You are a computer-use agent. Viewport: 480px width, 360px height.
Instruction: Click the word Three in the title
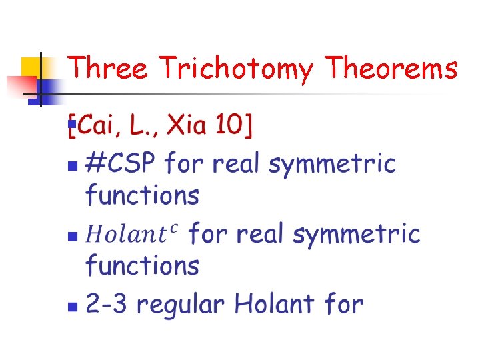point(108,68)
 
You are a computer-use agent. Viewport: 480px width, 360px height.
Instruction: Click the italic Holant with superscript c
point(133,234)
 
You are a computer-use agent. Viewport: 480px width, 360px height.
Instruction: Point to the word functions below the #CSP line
point(142,195)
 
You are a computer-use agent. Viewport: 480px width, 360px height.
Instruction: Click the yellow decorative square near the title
point(32,67)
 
